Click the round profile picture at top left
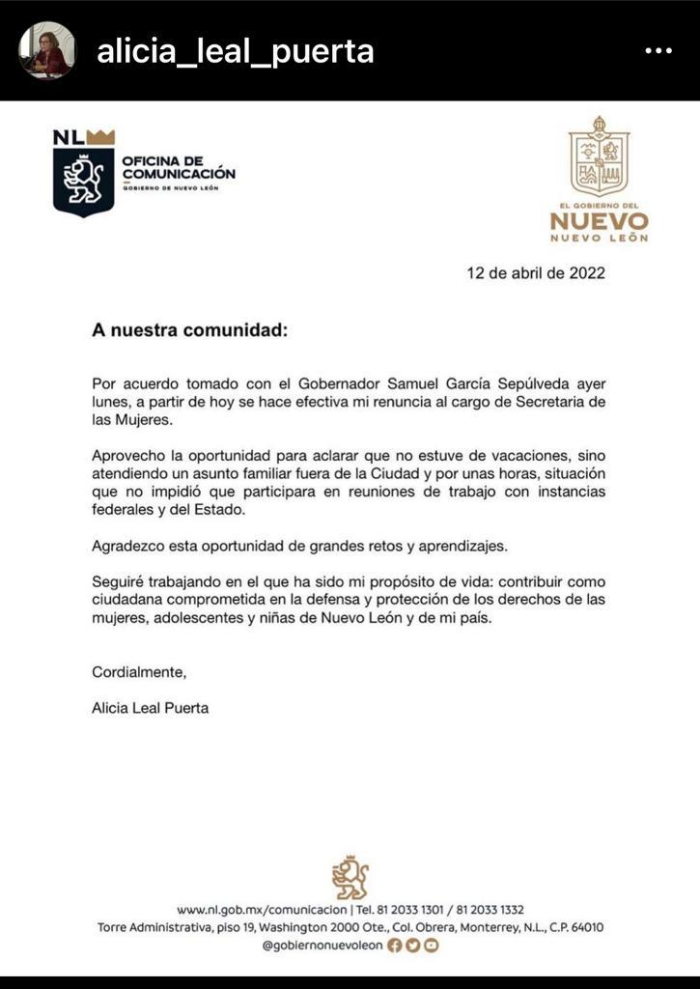(x=46, y=50)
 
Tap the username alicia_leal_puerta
(x=235, y=50)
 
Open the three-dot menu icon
(x=658, y=50)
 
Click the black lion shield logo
(x=84, y=177)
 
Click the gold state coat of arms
(x=599, y=157)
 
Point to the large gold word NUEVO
(x=599, y=219)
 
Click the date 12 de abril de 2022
(x=536, y=272)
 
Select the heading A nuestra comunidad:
(x=189, y=329)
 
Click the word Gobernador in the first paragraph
(x=333, y=384)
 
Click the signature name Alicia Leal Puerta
(x=150, y=707)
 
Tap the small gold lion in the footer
(x=350, y=876)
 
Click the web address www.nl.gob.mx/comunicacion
(x=264, y=910)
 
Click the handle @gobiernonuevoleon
(x=322, y=946)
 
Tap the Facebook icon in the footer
(x=394, y=946)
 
